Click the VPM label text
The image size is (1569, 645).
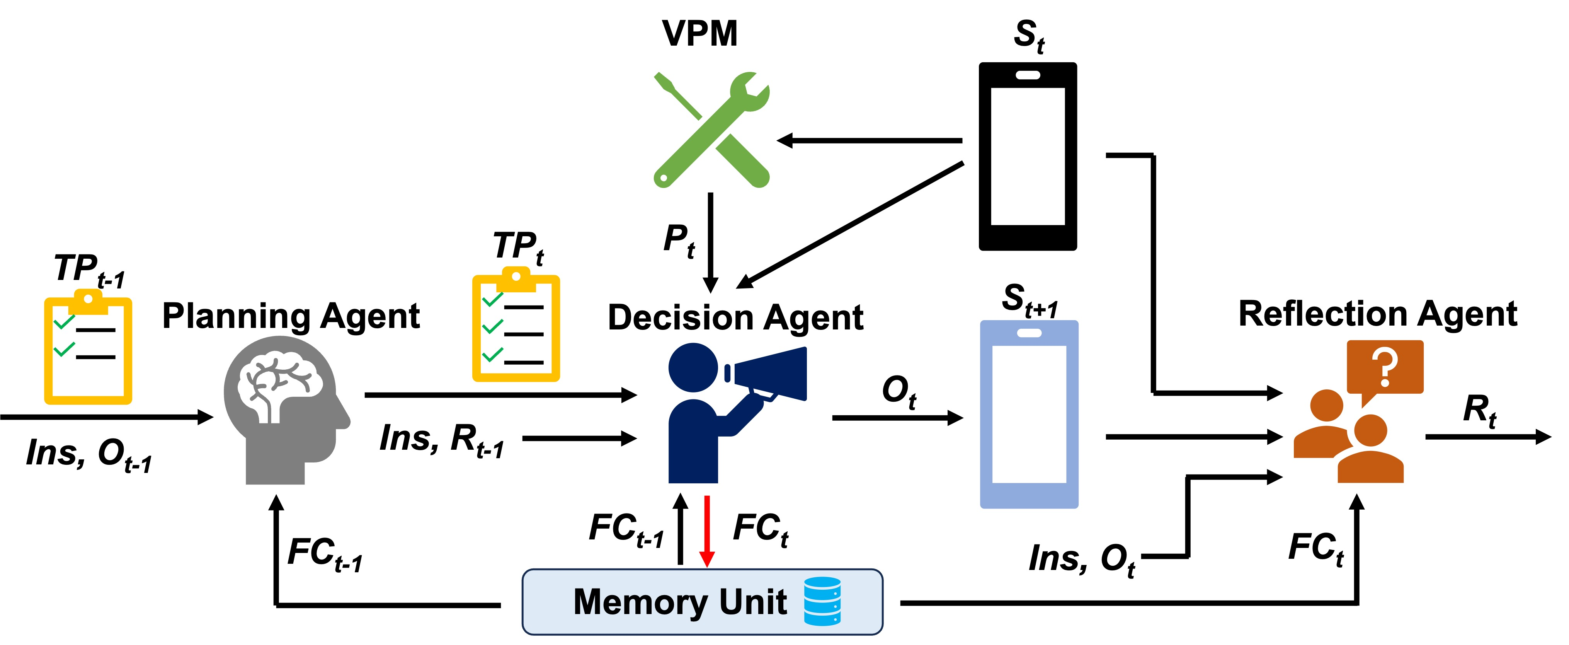pyautogui.click(x=700, y=34)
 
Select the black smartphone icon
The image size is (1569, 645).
pyautogui.click(x=1028, y=156)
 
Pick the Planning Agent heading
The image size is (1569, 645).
pyautogui.click(x=291, y=316)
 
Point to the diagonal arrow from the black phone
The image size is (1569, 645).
pyautogui.click(x=850, y=224)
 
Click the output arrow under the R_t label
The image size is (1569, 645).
pyautogui.click(x=1488, y=437)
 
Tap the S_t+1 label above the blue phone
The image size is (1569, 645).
pyautogui.click(x=1031, y=300)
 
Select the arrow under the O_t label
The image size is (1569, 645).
pyautogui.click(x=898, y=418)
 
